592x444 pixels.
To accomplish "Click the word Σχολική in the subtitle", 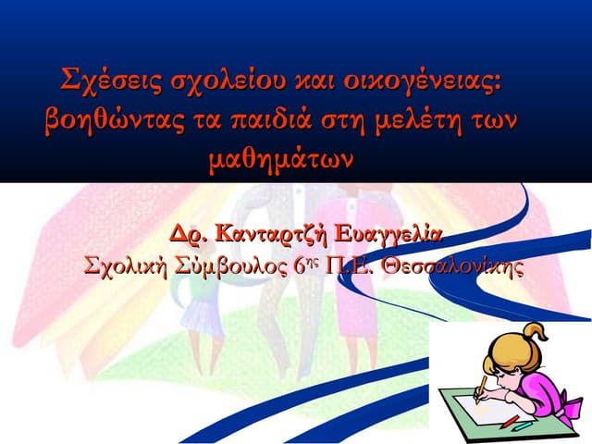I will pos(126,265).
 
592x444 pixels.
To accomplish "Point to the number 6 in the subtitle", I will pos(300,265).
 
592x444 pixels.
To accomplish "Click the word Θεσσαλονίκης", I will pos(453,265).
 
